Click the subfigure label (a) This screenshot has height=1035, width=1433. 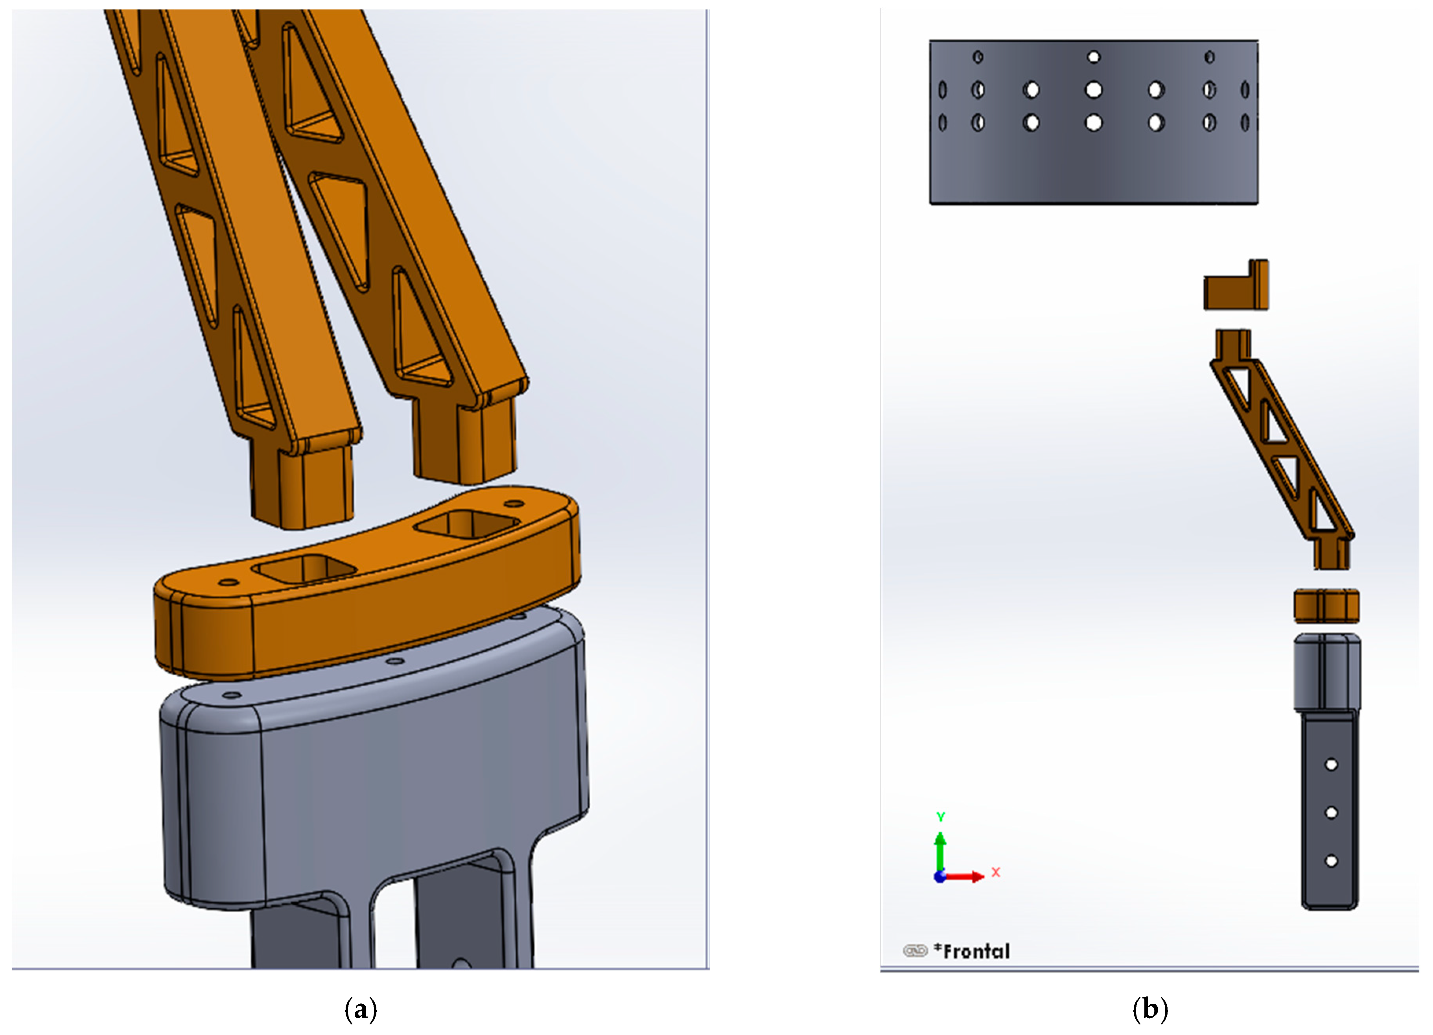(361, 1009)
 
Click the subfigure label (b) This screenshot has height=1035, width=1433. (1150, 1009)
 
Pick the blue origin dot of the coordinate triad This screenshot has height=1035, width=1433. (939, 877)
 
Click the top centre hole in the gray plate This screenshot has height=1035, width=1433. (1094, 57)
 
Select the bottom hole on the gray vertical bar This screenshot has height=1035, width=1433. (1331, 861)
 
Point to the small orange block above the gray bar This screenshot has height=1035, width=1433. (1326, 606)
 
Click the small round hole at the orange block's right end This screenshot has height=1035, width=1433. (515, 504)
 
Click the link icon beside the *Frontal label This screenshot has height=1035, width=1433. (914, 951)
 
